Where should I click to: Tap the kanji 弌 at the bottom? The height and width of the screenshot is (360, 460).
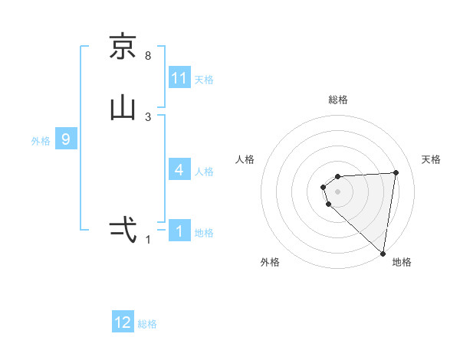123,229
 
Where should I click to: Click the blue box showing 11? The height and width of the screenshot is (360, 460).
179,78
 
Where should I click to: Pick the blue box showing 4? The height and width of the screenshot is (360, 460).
179,170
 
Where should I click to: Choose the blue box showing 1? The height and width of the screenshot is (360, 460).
179,231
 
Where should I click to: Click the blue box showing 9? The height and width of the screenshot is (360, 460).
66,139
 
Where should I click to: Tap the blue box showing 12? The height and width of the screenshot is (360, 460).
123,323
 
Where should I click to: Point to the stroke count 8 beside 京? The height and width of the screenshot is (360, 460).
148,56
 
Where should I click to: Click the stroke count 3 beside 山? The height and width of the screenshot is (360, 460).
148,117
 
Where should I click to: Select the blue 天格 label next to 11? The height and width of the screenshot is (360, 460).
204,79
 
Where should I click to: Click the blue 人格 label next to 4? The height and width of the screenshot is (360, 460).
204,171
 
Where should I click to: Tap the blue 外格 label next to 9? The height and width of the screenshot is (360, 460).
41,140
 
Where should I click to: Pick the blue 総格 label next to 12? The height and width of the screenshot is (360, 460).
147,324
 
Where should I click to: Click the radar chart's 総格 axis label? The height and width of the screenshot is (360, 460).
338,100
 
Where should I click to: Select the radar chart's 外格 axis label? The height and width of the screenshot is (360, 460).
270,262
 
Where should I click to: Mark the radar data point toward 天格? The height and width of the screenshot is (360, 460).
396,172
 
